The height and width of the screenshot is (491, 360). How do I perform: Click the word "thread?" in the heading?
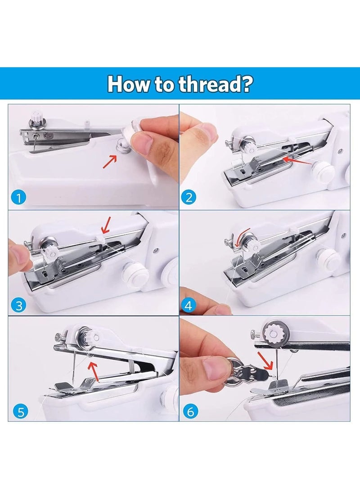(x=216, y=84)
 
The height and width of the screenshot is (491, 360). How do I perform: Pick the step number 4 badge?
(x=189, y=306)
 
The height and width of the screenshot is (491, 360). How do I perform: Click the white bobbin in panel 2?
(x=323, y=171)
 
